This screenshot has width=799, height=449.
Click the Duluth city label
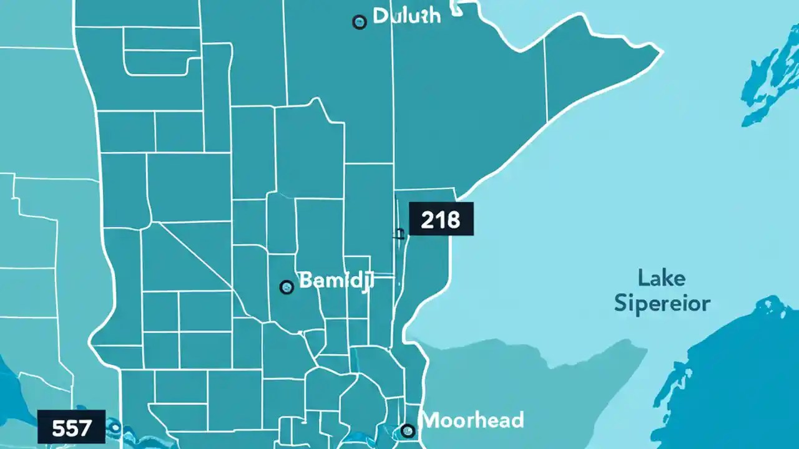[406, 16]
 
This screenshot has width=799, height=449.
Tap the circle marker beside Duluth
[360, 22]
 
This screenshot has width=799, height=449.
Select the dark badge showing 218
[441, 219]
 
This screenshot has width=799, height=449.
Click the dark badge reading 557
[71, 427]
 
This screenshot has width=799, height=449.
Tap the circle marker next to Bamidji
[287, 287]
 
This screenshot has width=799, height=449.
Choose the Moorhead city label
[473, 420]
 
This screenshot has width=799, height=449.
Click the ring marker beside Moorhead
[408, 430]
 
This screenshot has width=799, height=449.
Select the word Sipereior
[662, 304]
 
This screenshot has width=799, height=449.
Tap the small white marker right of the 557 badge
[114, 427]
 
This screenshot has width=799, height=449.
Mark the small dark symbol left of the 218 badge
[398, 234]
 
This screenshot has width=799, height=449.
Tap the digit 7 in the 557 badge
[85, 428]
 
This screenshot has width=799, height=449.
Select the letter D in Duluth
[380, 16]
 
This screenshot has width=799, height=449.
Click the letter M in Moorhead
[430, 420]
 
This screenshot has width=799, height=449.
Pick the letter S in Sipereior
[621, 304]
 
